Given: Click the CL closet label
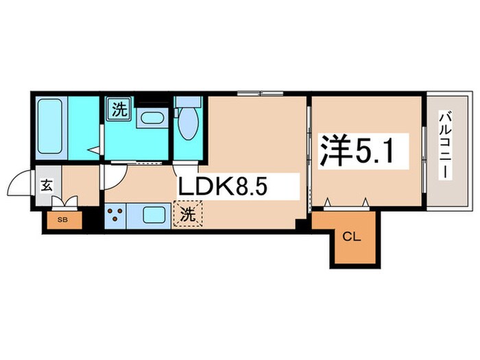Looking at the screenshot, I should point(351,238).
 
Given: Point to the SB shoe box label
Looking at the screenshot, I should point(63,219).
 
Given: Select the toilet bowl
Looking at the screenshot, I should point(187,123).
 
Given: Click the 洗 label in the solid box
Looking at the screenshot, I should point(119,109).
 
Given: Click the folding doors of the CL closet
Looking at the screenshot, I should point(346,202).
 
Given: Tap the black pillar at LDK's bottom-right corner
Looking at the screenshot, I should point(300,224).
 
